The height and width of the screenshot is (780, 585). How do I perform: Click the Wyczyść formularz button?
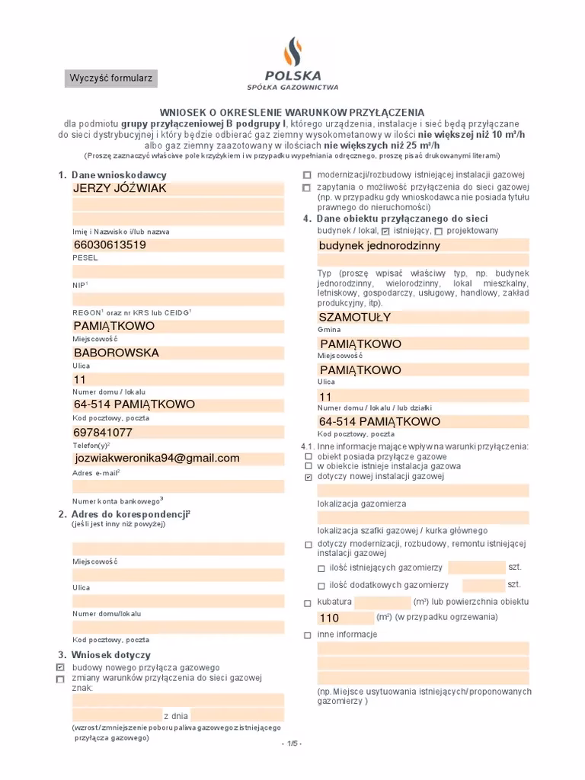(111, 78)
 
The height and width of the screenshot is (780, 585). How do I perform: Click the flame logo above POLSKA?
(292, 52)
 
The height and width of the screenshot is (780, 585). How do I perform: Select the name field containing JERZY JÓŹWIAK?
(178, 189)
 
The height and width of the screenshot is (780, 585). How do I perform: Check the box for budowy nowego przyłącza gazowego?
(61, 667)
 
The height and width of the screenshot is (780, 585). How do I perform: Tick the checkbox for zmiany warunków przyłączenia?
(61, 678)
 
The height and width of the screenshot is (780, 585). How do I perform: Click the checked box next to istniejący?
(385, 231)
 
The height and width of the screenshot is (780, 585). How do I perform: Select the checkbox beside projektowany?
(438, 231)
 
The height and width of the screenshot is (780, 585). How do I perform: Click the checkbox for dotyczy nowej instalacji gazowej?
(308, 477)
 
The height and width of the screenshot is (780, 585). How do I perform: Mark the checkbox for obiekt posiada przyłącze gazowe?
(308, 456)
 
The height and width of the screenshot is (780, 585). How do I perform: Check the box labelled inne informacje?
(308, 635)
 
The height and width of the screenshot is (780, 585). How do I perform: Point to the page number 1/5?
(292, 743)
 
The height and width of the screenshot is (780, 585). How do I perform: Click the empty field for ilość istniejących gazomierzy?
(476, 567)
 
